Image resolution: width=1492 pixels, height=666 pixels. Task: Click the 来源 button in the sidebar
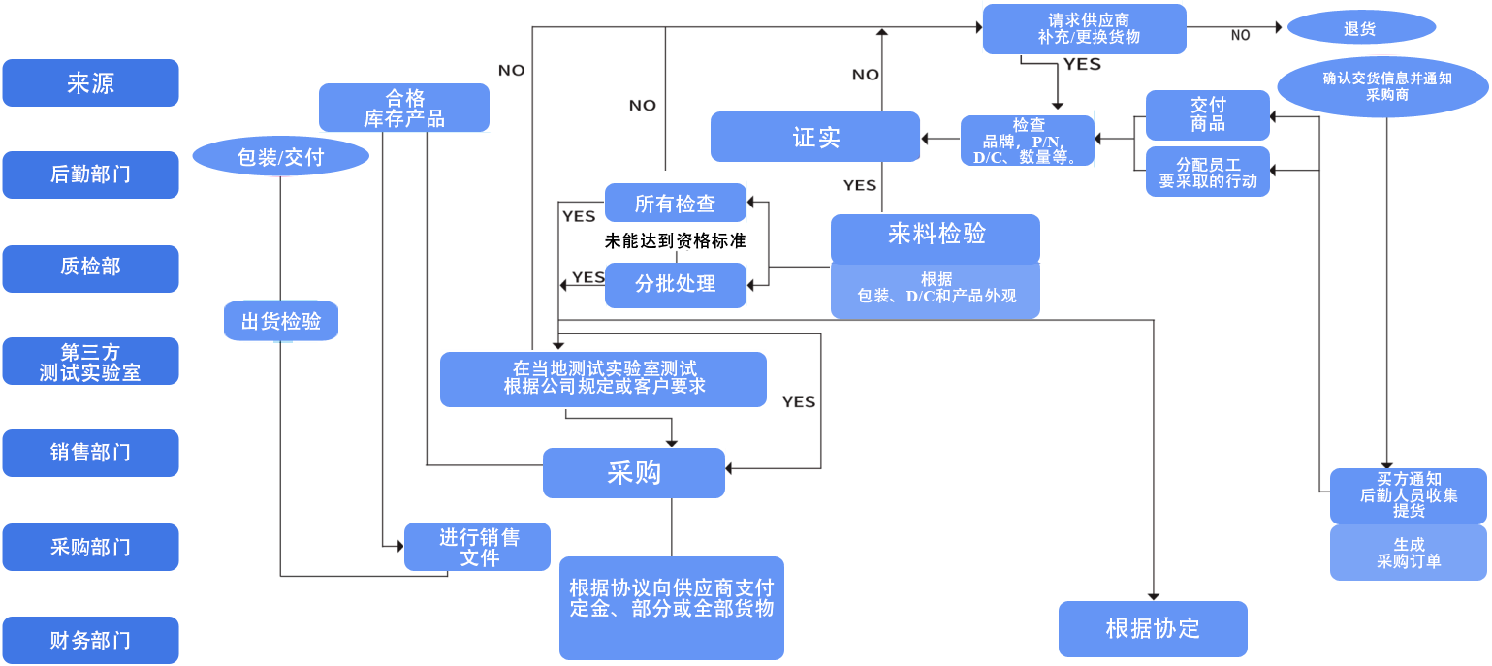(x=90, y=83)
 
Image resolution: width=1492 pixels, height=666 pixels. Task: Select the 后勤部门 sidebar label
(x=90, y=174)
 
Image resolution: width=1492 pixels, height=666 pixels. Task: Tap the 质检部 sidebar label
(x=90, y=267)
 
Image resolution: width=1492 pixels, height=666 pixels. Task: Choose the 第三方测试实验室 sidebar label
(x=90, y=362)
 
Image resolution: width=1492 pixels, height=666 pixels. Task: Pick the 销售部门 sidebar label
(x=90, y=453)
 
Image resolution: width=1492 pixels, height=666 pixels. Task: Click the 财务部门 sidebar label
(x=90, y=641)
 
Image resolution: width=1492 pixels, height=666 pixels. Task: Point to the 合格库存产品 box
(x=403, y=108)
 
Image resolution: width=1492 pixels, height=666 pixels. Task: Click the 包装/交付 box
(x=280, y=156)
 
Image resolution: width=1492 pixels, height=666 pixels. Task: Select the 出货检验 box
(x=280, y=321)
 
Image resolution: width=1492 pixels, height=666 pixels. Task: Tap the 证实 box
(x=814, y=137)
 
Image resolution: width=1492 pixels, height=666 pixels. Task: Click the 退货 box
(x=1360, y=28)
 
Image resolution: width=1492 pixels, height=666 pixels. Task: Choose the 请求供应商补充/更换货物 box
(x=1084, y=29)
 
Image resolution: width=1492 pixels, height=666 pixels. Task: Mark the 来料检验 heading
(x=936, y=235)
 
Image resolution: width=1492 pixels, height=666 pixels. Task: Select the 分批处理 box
(x=676, y=285)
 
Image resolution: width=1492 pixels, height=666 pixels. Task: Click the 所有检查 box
(x=675, y=204)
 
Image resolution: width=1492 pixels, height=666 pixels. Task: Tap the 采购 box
(x=633, y=472)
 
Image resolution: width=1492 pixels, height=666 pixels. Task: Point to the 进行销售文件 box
(x=478, y=548)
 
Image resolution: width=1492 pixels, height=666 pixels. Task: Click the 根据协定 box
(x=1152, y=628)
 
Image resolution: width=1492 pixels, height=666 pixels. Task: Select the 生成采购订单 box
(x=1408, y=553)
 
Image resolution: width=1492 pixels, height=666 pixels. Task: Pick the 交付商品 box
(x=1207, y=114)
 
